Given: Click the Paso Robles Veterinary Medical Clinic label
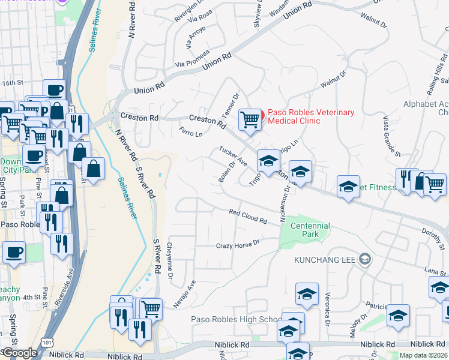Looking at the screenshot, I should [311, 116].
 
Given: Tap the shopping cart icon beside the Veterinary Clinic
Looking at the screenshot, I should [250, 119].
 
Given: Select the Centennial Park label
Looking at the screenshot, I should [310, 230].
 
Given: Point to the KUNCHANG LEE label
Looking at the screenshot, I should [324, 260].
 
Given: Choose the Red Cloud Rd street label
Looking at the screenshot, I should [248, 216].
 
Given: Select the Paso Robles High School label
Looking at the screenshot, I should [234, 319].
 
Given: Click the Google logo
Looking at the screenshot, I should [19, 353].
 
